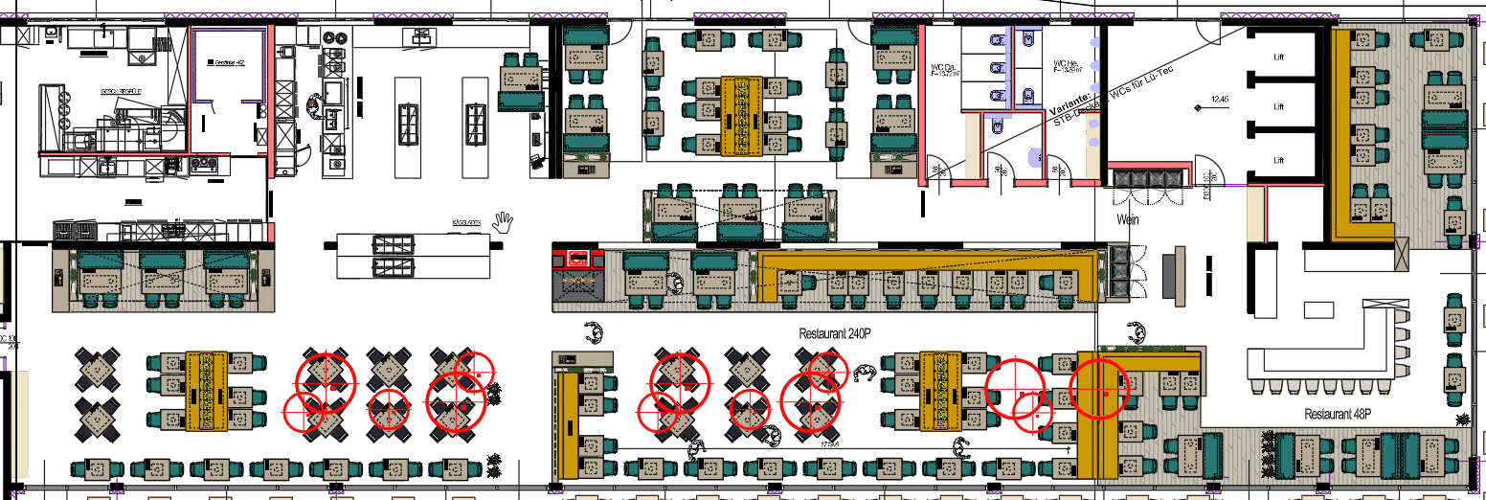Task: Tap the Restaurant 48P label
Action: coord(1338,414)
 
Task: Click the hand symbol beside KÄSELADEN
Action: coord(503,222)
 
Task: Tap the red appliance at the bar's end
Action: coord(577,258)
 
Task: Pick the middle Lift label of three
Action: coord(1277,109)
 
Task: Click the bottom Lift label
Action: coord(1277,160)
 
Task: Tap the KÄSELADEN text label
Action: coord(465,223)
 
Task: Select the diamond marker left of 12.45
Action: coord(1199,108)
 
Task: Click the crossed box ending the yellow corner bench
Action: coord(1402,254)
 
